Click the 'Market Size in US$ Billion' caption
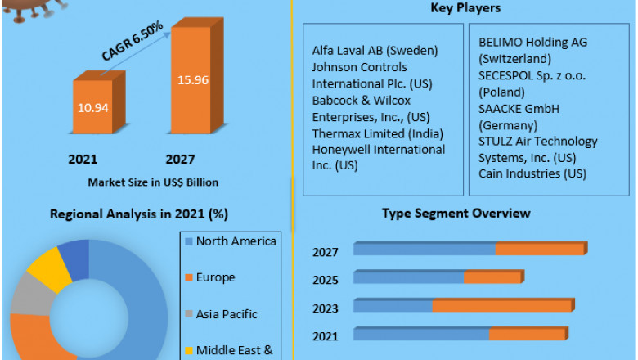153,182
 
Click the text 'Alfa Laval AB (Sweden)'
375,50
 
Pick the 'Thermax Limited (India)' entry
378,133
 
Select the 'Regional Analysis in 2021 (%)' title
139,214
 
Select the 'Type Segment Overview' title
456,214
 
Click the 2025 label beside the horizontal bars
325,280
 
